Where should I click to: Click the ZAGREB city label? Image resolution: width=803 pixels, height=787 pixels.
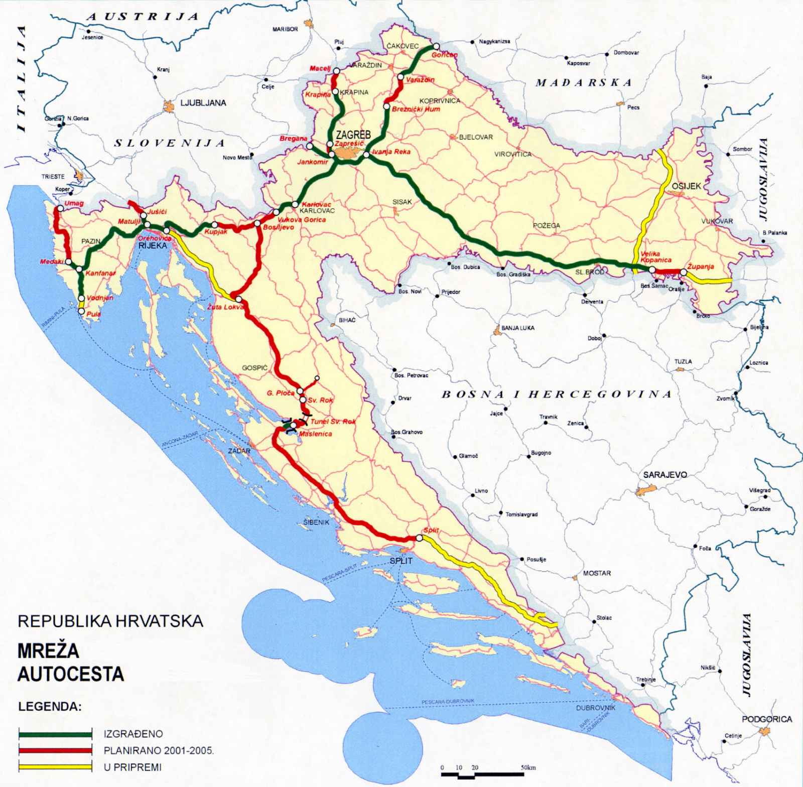[x=353, y=135]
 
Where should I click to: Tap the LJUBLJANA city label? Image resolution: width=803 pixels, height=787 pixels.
[x=203, y=103]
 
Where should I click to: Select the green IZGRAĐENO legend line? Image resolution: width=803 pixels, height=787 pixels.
[x=55, y=734]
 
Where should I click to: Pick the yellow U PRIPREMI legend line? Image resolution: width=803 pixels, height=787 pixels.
[x=55, y=767]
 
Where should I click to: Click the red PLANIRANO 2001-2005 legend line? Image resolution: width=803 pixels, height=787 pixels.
[x=55, y=751]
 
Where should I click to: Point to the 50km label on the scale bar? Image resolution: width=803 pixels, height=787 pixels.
[x=527, y=767]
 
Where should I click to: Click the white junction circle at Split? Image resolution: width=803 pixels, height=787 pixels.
[x=419, y=538]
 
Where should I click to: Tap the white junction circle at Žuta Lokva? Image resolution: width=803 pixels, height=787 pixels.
[x=239, y=299]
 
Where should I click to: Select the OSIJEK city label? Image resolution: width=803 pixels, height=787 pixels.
[x=686, y=186]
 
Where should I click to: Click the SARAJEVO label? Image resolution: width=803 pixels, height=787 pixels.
[x=665, y=474]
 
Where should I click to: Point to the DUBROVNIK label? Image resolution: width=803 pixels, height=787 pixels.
[x=595, y=708]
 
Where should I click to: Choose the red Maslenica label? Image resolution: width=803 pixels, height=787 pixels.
[x=315, y=434]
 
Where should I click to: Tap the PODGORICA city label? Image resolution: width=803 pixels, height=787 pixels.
[x=766, y=719]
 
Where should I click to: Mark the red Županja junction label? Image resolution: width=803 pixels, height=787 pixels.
[x=701, y=267]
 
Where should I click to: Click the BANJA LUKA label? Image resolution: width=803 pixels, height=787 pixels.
[x=518, y=328]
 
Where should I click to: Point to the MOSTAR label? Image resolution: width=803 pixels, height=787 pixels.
[x=597, y=573]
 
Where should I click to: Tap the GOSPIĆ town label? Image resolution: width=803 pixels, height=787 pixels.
[x=254, y=368]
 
